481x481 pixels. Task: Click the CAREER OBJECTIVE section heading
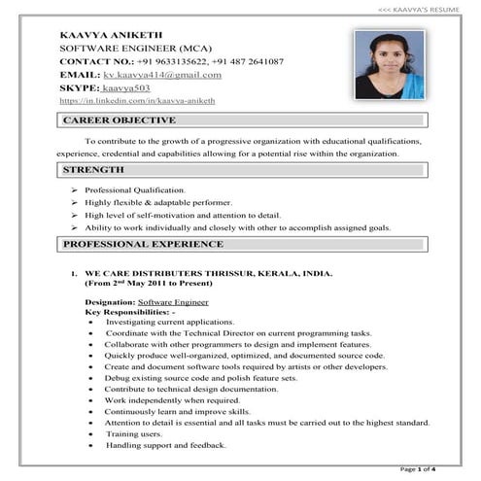pyautogui.click(x=119, y=120)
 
